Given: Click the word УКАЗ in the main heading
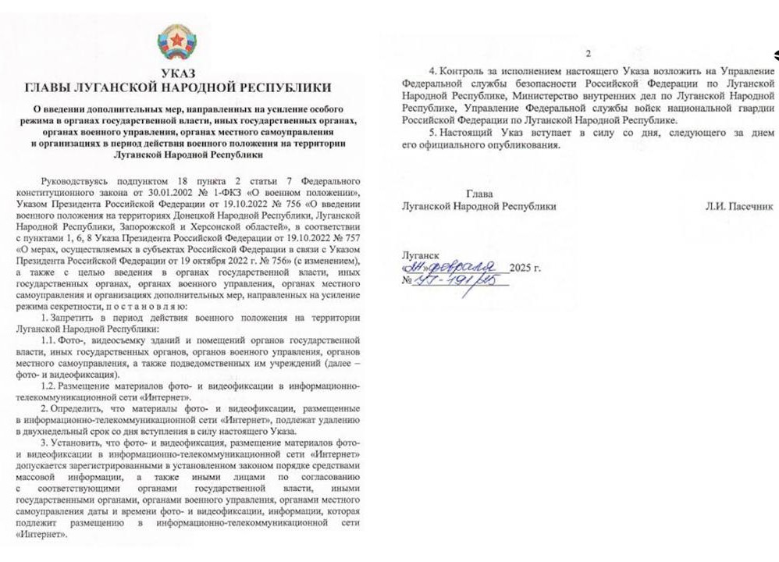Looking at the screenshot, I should click(x=177, y=74).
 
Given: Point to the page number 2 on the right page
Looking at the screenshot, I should click(x=589, y=54).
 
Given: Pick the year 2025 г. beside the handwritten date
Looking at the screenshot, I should click(x=524, y=268).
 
